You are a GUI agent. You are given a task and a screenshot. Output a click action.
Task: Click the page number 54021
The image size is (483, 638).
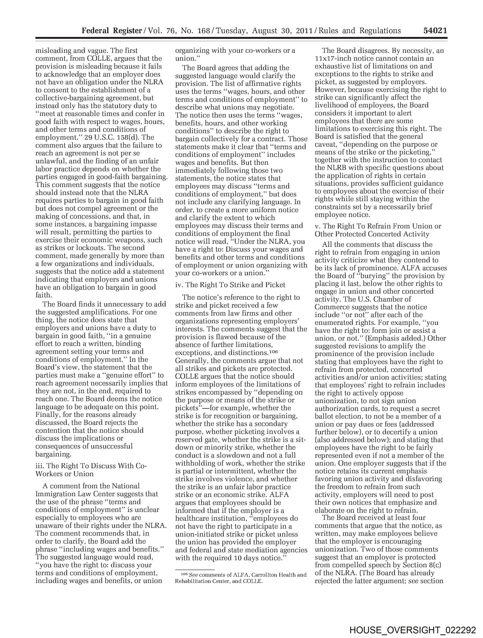coord(435,31)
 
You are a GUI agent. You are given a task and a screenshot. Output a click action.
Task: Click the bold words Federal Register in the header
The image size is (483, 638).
coord(112,31)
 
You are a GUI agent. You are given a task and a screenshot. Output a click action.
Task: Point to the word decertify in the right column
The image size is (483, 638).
coord(404,432)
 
